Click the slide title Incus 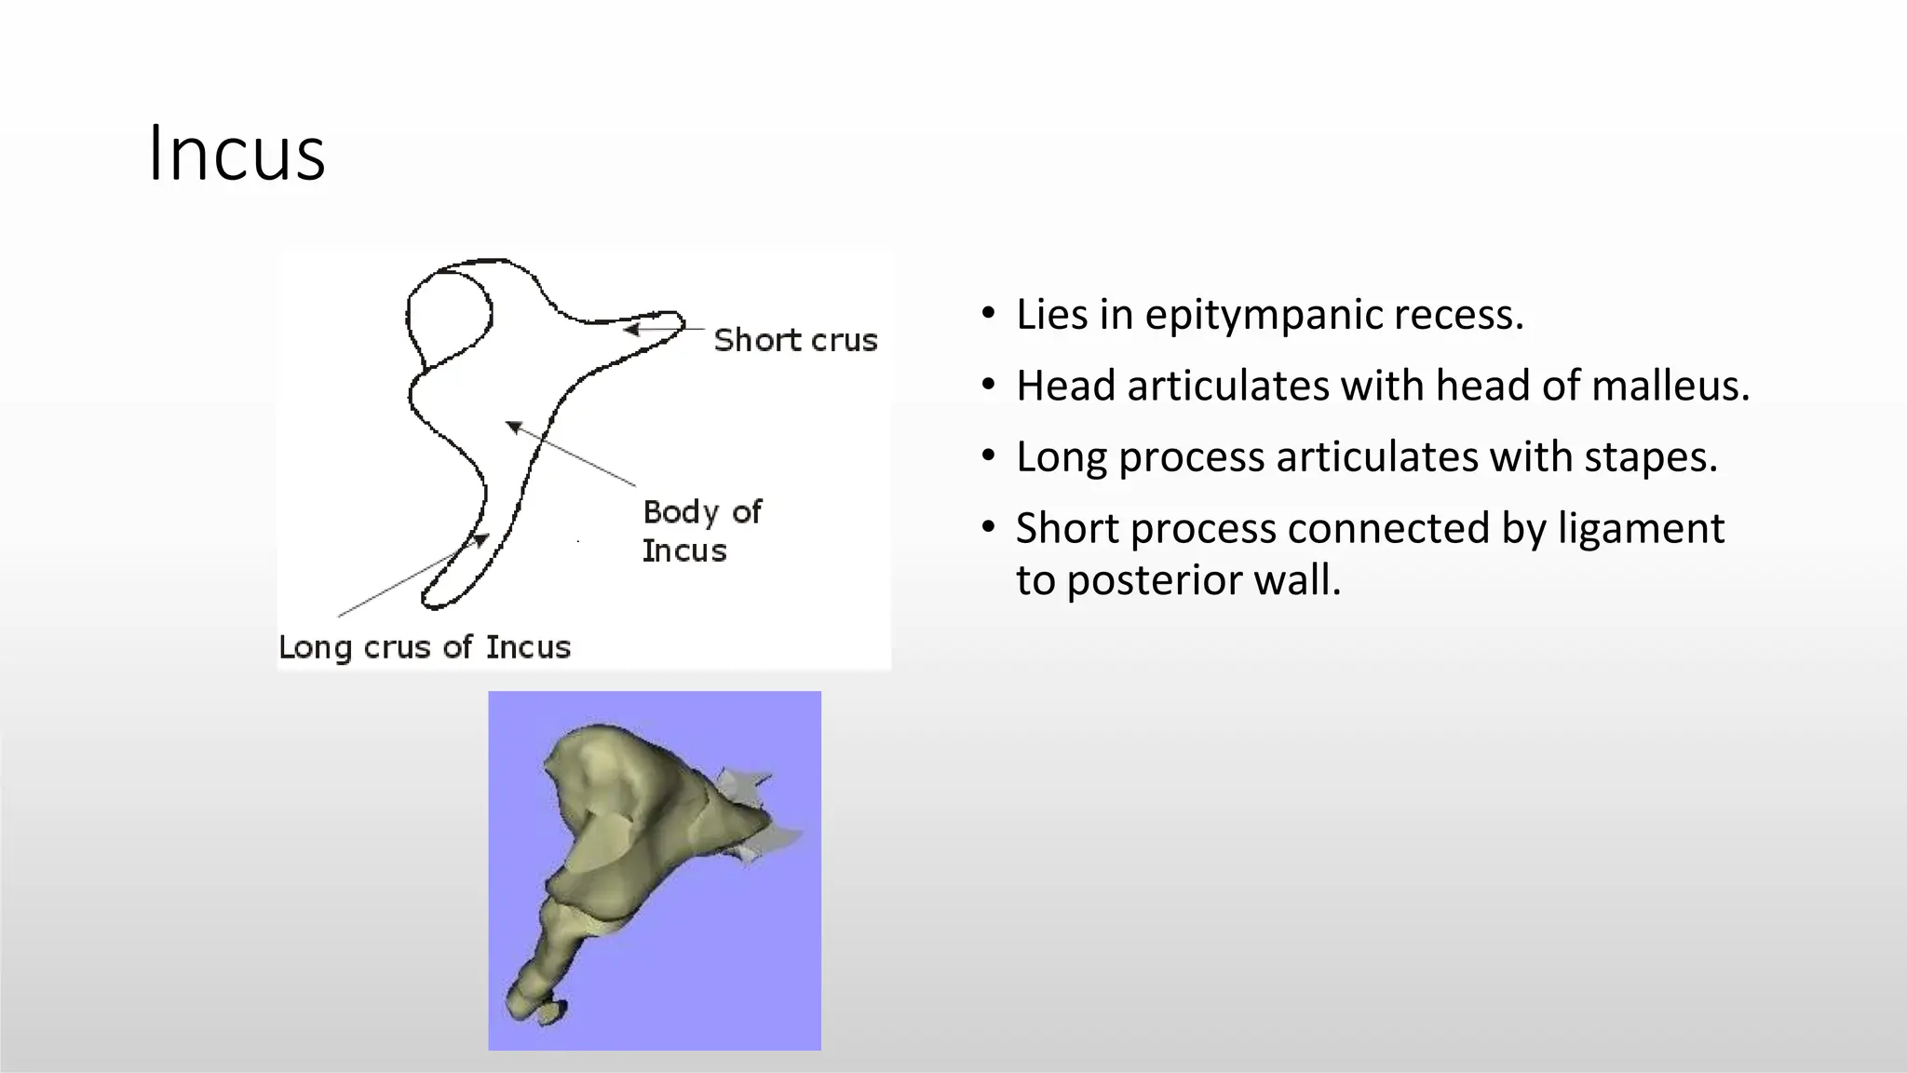237,154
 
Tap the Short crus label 795,341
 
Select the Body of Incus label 701,531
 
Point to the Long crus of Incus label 425,647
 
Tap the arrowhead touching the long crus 480,539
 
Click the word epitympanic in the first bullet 1263,315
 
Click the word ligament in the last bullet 1641,528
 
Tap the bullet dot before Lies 988,313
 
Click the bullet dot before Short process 988,527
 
